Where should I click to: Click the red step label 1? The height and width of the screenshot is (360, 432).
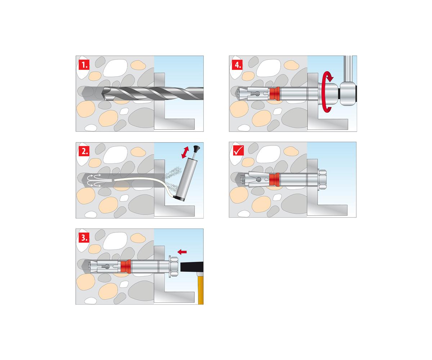pyautogui.click(x=84, y=65)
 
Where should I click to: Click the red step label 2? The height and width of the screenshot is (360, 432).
pyautogui.click(x=84, y=151)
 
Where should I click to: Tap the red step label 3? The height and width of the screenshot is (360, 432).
pyautogui.click(x=84, y=238)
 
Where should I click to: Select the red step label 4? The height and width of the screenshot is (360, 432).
pyautogui.click(x=237, y=65)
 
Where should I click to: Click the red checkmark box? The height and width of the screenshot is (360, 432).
pyautogui.click(x=238, y=150)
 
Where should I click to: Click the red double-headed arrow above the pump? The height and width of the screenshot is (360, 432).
pyautogui.click(x=185, y=152)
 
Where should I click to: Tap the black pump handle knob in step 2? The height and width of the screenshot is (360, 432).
pyautogui.click(x=196, y=148)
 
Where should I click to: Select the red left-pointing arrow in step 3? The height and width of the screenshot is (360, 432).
pyautogui.click(x=182, y=252)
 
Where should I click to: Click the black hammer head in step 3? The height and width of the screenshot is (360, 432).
pyautogui.click(x=192, y=267)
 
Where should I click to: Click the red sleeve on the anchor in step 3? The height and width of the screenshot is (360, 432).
pyautogui.click(x=126, y=267)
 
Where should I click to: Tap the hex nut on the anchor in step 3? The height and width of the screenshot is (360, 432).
pyautogui.click(x=175, y=267)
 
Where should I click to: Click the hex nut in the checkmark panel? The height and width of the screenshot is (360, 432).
pyautogui.click(x=323, y=180)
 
